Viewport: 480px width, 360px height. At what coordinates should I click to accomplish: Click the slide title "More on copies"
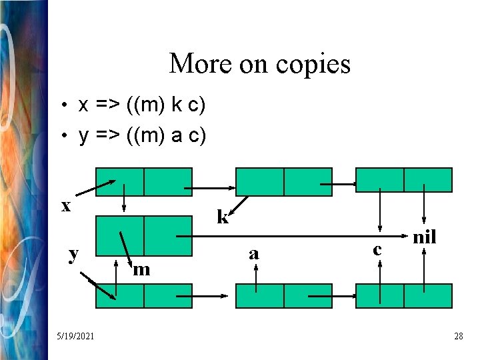click(259, 64)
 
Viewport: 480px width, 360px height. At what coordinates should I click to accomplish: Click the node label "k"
click(223, 217)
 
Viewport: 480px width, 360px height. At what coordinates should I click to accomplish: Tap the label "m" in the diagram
click(141, 269)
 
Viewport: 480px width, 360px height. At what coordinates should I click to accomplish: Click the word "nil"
click(425, 237)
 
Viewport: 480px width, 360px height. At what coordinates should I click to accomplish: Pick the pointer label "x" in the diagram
click(66, 206)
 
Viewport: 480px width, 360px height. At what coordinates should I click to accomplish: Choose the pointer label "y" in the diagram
click(74, 253)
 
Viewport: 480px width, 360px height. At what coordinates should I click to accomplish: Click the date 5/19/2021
click(75, 336)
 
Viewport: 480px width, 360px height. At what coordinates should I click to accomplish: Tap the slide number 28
click(458, 336)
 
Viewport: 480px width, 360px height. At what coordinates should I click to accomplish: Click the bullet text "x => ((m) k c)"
click(142, 105)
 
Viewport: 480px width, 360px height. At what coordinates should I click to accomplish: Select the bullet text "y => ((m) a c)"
click(142, 136)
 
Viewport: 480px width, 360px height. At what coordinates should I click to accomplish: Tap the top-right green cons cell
click(404, 180)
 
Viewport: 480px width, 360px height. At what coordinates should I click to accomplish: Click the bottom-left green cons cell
click(144, 296)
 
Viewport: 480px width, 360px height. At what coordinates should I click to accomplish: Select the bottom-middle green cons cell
click(284, 296)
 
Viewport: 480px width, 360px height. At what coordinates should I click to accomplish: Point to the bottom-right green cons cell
click(404, 296)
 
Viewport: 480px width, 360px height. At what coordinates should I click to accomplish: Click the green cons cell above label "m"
click(144, 236)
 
